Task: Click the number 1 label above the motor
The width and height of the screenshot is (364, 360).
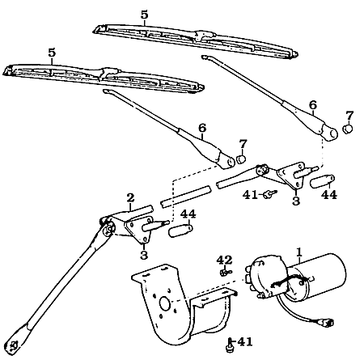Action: pos(298,252)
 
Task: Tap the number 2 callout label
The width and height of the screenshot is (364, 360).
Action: pos(129,197)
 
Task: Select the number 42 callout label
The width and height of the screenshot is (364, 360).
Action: pos(224,260)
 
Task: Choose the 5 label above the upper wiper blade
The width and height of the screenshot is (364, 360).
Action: pos(144,15)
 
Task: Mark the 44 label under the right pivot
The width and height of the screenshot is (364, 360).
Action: pos(329,196)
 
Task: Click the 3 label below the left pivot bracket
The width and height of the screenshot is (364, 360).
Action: pos(144,256)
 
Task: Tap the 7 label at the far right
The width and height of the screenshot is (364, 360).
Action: pos(349,115)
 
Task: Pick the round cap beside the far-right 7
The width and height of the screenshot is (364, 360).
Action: pos(349,129)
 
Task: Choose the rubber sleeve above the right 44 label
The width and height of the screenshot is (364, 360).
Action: pos(323,180)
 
